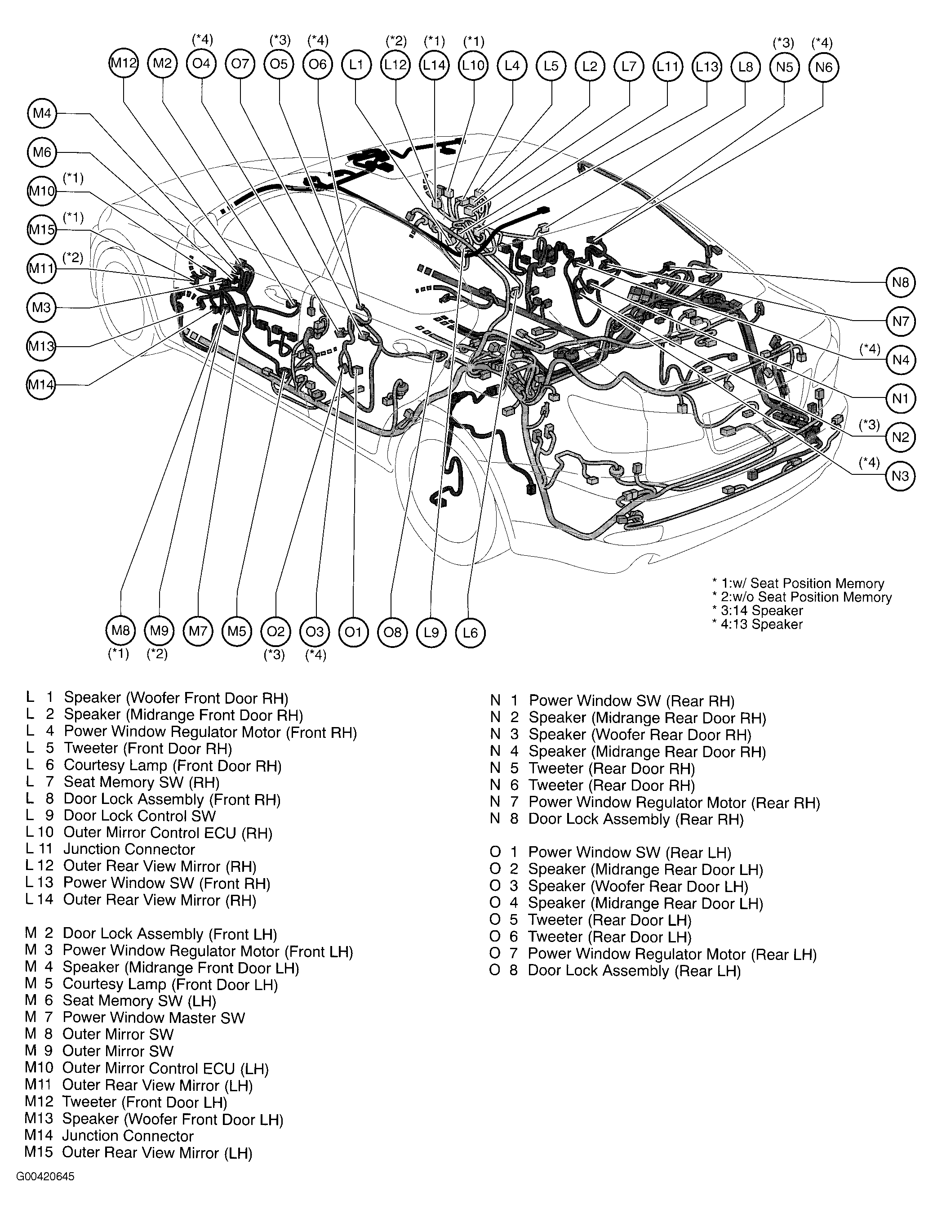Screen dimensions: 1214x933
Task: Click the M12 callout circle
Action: click(123, 63)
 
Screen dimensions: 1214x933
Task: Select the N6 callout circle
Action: click(824, 67)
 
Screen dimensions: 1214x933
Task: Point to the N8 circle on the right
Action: click(900, 282)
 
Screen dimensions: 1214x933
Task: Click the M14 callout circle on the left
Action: click(41, 384)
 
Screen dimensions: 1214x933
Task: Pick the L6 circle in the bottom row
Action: click(470, 632)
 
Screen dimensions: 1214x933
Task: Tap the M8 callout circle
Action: click(120, 631)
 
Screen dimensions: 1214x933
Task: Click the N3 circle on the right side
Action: click(900, 476)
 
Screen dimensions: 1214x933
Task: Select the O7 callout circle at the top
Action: click(240, 64)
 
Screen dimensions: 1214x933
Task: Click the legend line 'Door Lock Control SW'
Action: click(139, 816)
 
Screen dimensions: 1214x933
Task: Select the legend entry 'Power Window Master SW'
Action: click(153, 1018)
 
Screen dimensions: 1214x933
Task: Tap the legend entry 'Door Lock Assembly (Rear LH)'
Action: click(634, 971)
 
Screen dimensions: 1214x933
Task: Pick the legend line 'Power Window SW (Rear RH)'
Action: click(631, 701)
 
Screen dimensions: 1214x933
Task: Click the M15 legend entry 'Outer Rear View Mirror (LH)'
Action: click(156, 1153)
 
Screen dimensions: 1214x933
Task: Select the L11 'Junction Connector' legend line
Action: click(129, 849)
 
